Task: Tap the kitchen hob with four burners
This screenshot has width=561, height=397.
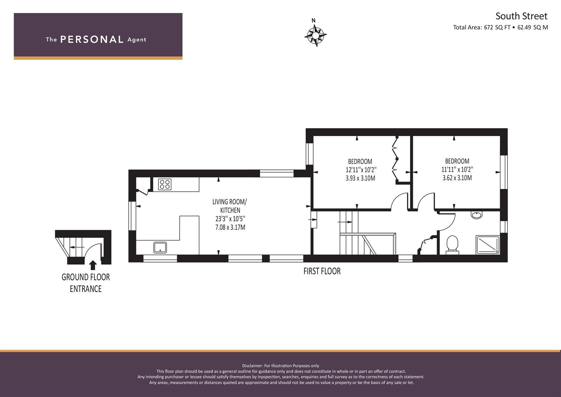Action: (165, 184)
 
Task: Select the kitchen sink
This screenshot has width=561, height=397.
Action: (160, 247)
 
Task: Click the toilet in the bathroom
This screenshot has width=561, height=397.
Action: (452, 244)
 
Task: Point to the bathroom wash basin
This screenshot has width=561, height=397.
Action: (477, 215)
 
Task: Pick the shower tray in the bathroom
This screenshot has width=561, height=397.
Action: (488, 244)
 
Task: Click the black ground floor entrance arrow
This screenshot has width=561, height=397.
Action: (93, 265)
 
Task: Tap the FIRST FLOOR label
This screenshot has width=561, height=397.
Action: (322, 271)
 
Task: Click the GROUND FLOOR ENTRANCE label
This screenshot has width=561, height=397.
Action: (86, 283)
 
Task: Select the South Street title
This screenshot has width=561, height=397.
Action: (521, 16)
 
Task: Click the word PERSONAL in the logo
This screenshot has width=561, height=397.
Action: (92, 39)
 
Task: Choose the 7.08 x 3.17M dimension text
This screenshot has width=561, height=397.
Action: (230, 228)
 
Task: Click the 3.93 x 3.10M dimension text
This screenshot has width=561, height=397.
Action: (360, 178)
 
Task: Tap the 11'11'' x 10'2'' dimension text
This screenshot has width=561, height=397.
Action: (457, 169)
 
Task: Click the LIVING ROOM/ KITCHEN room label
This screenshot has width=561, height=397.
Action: (230, 206)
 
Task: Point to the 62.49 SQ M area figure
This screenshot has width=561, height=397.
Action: (533, 27)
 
